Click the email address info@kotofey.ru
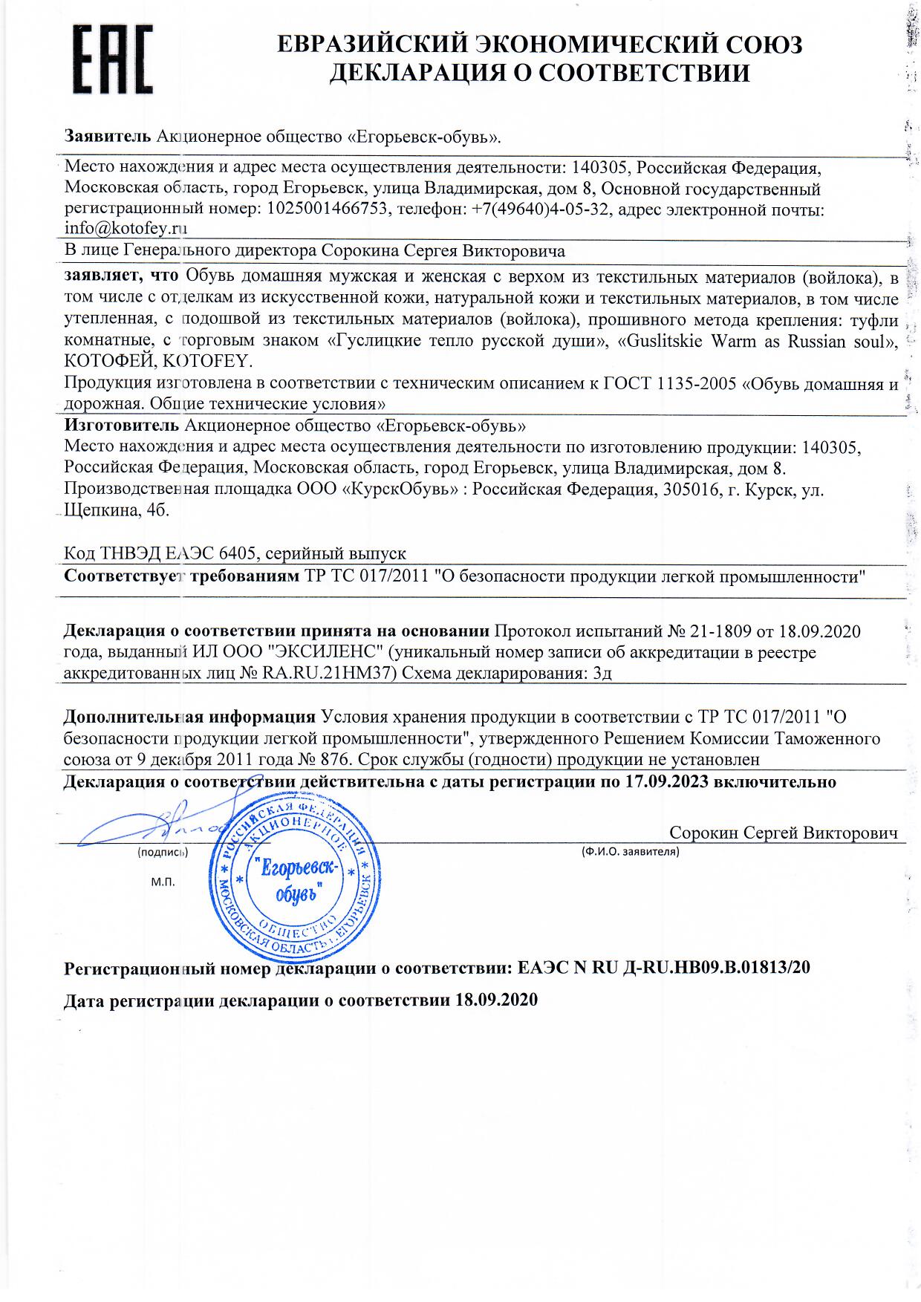click(x=126, y=229)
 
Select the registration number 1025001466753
click(x=325, y=209)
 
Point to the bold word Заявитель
click(x=108, y=137)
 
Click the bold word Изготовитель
click(x=122, y=426)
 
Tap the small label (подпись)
click(x=163, y=853)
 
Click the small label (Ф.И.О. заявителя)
click(x=629, y=852)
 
